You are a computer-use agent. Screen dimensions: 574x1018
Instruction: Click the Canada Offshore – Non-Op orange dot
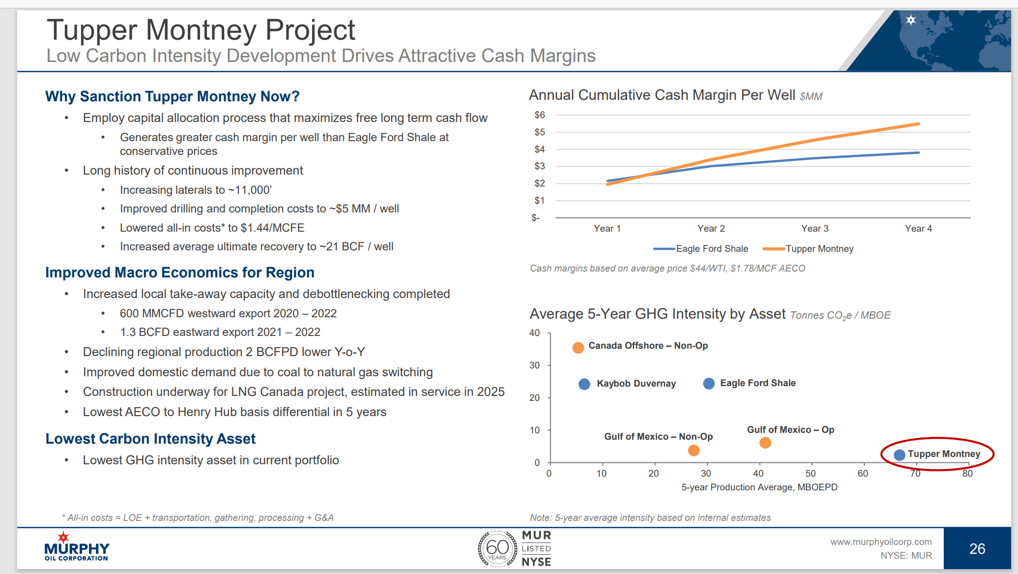click(x=578, y=348)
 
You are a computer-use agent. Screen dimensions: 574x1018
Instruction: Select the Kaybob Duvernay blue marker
click(x=584, y=384)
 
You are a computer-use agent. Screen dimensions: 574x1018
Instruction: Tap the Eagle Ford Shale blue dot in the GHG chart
click(x=709, y=384)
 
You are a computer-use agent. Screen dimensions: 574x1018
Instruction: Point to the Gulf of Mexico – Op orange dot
click(x=765, y=443)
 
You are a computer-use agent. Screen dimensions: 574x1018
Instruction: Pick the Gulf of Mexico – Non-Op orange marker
click(x=694, y=450)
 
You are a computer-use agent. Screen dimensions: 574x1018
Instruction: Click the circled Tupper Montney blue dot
click(x=899, y=455)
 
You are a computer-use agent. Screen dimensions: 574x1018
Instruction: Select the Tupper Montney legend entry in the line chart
click(x=809, y=249)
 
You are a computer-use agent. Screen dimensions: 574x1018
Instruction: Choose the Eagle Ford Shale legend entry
click(x=701, y=249)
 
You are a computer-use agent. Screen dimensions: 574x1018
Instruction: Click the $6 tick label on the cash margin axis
click(x=539, y=115)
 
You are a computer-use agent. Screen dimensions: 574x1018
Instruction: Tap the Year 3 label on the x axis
click(x=814, y=229)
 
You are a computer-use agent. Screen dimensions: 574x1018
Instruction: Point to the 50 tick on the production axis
click(x=810, y=474)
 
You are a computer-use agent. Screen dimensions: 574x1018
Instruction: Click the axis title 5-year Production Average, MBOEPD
click(x=759, y=487)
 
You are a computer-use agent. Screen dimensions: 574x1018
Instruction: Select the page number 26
click(x=977, y=549)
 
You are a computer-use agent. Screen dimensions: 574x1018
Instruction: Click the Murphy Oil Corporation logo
click(x=76, y=547)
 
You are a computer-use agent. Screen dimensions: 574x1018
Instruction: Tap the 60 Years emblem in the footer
click(x=497, y=548)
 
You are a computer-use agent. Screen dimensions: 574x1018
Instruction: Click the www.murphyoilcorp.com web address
click(x=881, y=542)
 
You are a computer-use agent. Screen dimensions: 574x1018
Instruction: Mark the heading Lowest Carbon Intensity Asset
click(x=150, y=439)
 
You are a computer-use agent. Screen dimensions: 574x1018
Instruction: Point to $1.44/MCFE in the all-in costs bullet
click(x=272, y=228)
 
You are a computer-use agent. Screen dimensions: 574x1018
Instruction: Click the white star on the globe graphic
click(x=911, y=20)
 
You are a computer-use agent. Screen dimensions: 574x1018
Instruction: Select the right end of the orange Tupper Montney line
click(x=918, y=124)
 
